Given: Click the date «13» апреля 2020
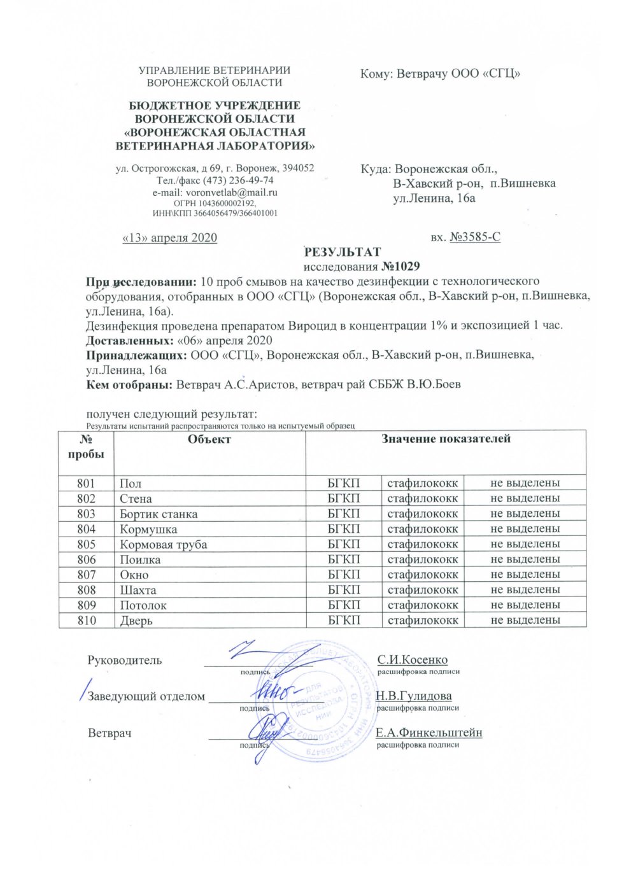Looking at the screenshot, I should pyautogui.click(x=169, y=238).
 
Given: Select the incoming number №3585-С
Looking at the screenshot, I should pyautogui.click(x=474, y=237).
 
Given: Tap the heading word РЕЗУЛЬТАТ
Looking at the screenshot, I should pyautogui.click(x=342, y=252).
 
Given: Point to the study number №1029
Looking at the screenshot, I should pyautogui.click(x=401, y=266).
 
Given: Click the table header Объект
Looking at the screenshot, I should pyautogui.click(x=209, y=439).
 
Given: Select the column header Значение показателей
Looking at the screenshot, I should pyautogui.click(x=446, y=439).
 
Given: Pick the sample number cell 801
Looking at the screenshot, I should pyautogui.click(x=86, y=483).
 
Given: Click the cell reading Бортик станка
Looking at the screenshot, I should pyautogui.click(x=159, y=514).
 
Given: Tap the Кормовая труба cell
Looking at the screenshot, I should pyautogui.click(x=163, y=544).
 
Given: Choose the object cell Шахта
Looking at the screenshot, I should pyautogui.click(x=138, y=590).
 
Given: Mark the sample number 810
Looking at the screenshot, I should pyautogui.click(x=86, y=620).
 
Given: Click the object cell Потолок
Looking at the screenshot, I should pyautogui.click(x=143, y=605).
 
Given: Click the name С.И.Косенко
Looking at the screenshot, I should pyautogui.click(x=412, y=660).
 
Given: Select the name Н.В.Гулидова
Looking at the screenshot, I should pyautogui.click(x=413, y=696).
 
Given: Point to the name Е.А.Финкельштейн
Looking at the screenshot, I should pyautogui.click(x=429, y=733).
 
